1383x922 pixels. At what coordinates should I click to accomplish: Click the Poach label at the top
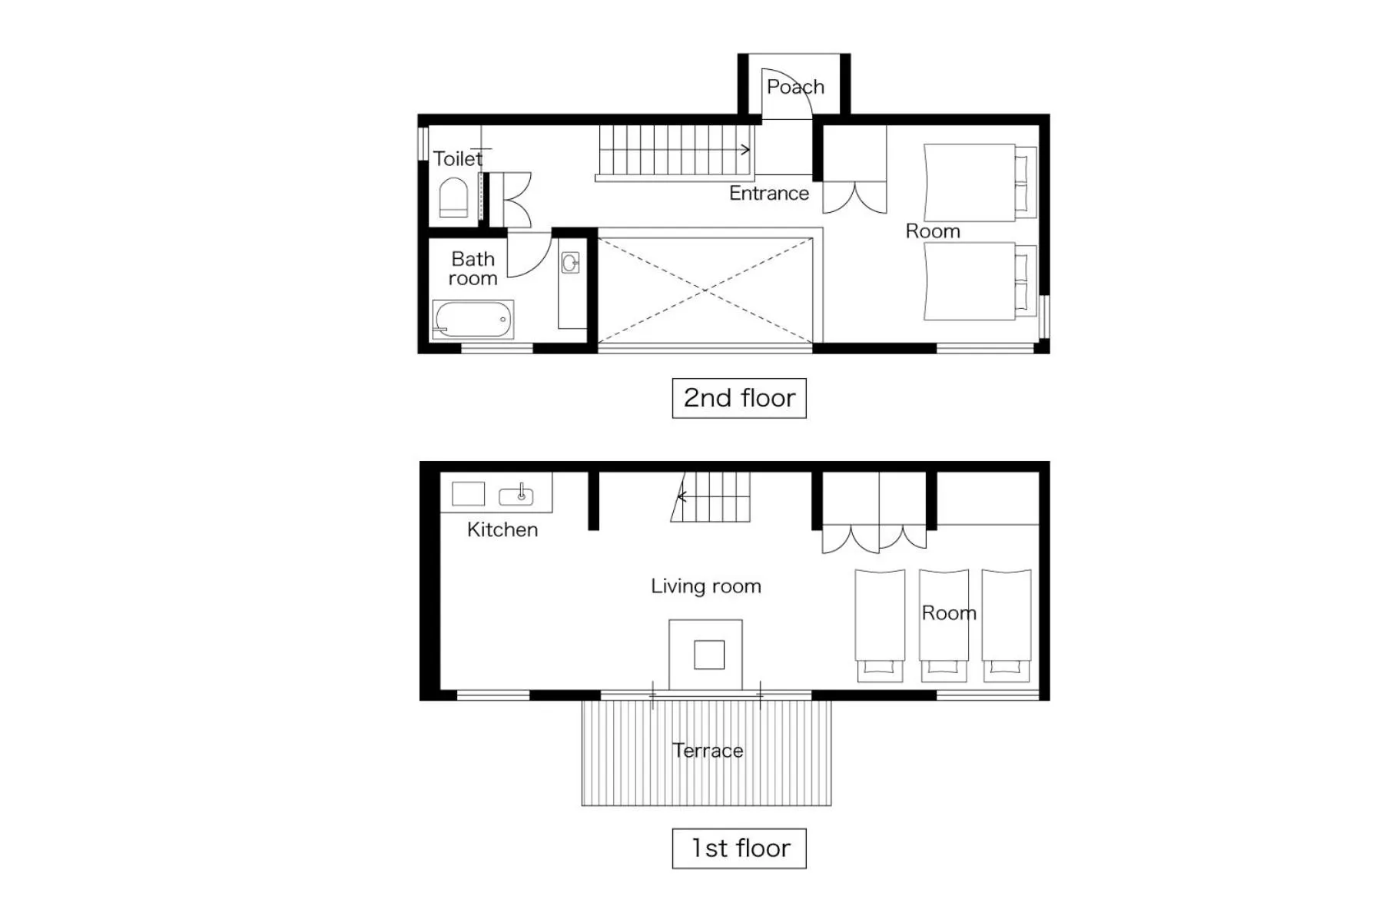pos(795,87)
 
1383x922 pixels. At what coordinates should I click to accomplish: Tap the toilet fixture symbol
pos(453,198)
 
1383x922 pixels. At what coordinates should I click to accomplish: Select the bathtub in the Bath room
pos(473,320)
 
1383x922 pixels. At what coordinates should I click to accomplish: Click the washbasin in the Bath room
pos(570,264)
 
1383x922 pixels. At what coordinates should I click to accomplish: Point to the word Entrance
pos(768,194)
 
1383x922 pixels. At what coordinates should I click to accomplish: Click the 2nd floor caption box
pos(739,398)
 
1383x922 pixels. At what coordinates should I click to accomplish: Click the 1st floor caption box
pos(739,848)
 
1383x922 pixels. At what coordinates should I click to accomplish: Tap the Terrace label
pos(707,751)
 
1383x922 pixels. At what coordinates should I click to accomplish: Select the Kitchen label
pos(502,529)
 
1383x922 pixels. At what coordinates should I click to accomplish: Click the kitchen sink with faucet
pos(516,496)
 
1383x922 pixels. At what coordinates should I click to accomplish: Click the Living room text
pos(705,586)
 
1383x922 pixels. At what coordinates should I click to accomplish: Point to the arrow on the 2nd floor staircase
pos(744,150)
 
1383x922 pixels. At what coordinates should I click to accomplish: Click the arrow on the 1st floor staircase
pos(682,497)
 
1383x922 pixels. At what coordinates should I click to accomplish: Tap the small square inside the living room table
pos(709,655)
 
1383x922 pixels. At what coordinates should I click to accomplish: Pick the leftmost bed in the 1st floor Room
pos(880,622)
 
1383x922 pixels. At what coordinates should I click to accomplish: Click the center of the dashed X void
pos(705,290)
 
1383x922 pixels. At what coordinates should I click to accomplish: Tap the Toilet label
pos(458,159)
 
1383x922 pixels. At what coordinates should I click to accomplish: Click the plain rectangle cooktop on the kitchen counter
pos(468,494)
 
